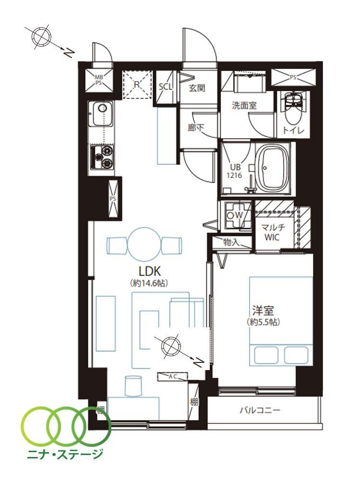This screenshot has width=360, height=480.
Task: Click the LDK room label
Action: [150, 271]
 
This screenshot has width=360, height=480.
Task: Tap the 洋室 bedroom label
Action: [263, 311]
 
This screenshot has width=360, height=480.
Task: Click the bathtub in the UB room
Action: [273, 168]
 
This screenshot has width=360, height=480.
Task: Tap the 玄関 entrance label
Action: [196, 88]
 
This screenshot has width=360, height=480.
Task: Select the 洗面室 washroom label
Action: [244, 106]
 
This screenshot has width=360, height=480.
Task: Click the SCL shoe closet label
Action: [166, 86]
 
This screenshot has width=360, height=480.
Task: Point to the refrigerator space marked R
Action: [137, 84]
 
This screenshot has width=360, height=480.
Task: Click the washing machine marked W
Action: [239, 215]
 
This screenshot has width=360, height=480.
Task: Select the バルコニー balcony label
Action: [260, 410]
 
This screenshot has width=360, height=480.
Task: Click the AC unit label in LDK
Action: [173, 377]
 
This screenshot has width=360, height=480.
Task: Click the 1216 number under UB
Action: [234, 175]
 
